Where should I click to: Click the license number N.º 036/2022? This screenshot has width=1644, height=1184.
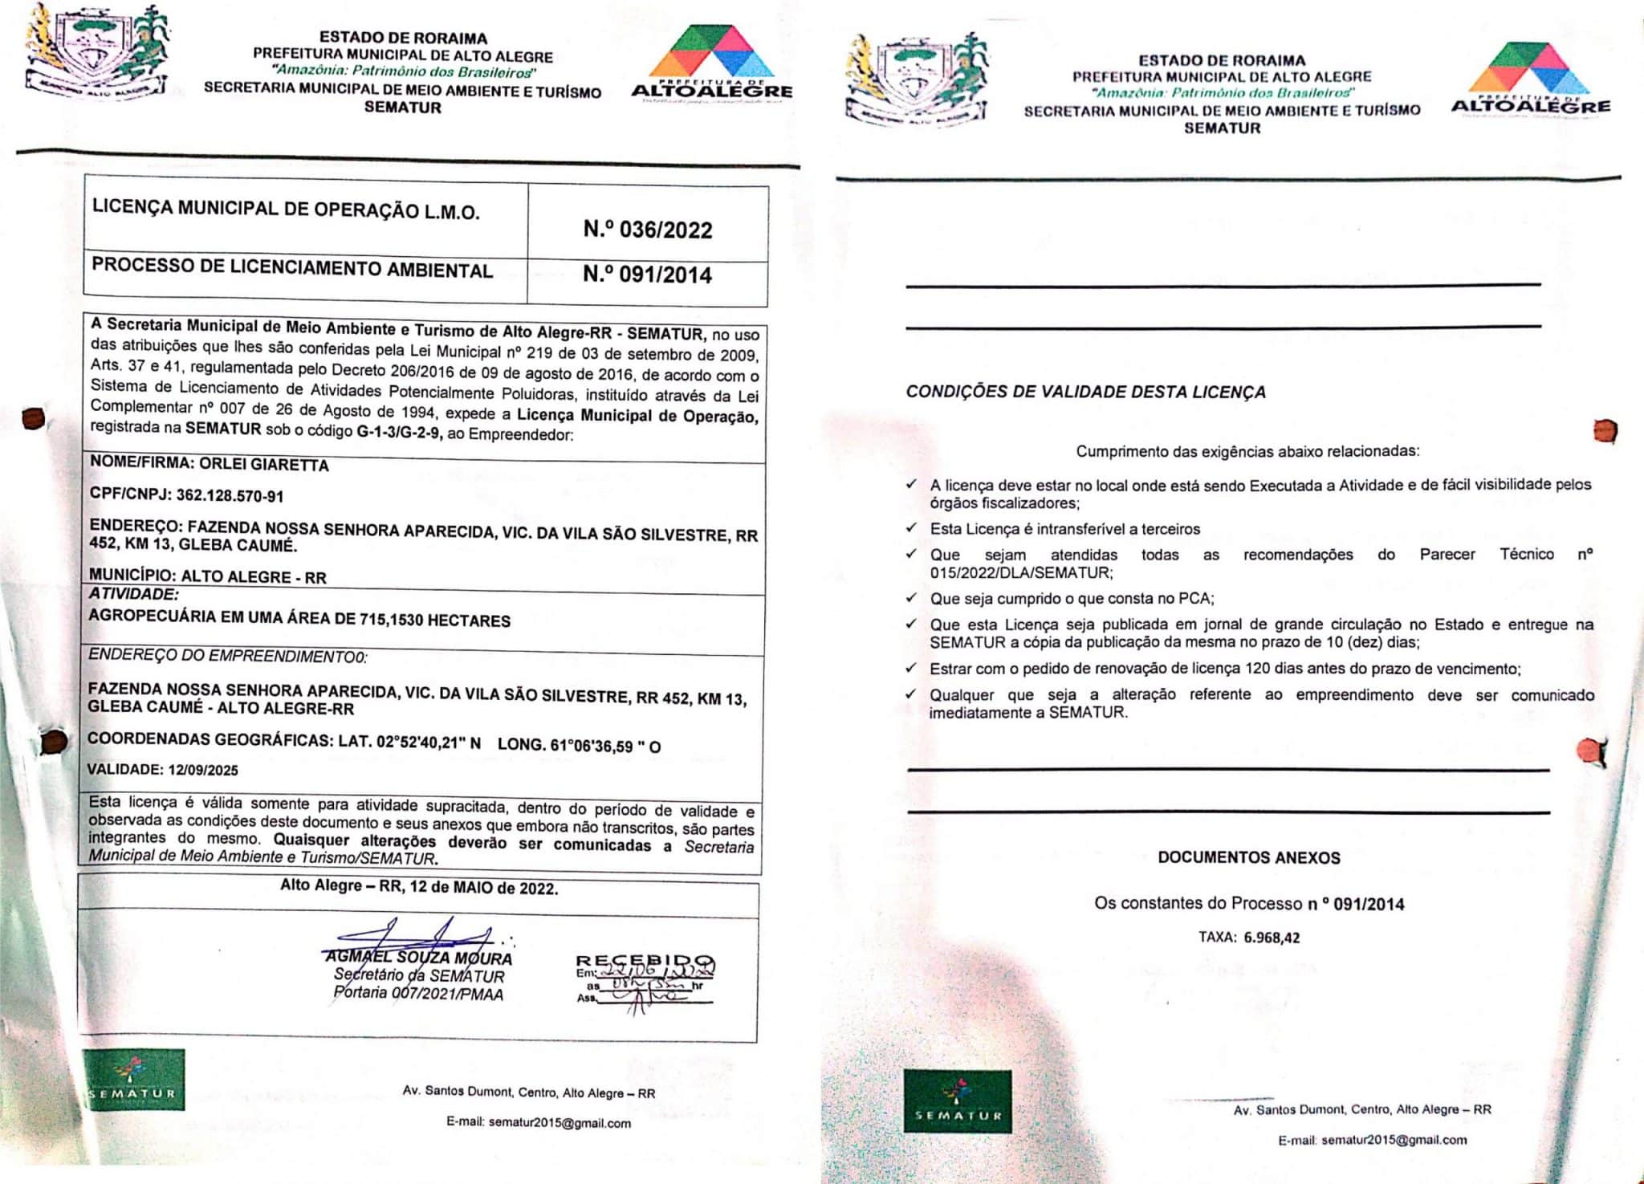pyautogui.click(x=647, y=230)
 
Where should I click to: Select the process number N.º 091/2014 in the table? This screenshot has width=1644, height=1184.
pyautogui.click(x=647, y=275)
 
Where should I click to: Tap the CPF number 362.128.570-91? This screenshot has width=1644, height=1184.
pyautogui.click(x=230, y=496)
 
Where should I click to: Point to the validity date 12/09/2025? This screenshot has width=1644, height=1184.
pyautogui.click(x=203, y=770)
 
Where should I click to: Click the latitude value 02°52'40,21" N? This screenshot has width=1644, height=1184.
pyautogui.click(x=428, y=743)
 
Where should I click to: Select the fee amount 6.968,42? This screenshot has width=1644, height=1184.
pyautogui.click(x=1272, y=937)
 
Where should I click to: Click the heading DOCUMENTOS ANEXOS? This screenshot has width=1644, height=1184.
pyautogui.click(x=1248, y=857)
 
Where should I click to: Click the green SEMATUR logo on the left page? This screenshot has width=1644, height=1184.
pyautogui.click(x=133, y=1080)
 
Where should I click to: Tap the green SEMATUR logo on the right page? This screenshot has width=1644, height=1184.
pyautogui.click(x=957, y=1101)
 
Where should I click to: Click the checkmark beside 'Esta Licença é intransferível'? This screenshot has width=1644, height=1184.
pyautogui.click(x=911, y=527)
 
